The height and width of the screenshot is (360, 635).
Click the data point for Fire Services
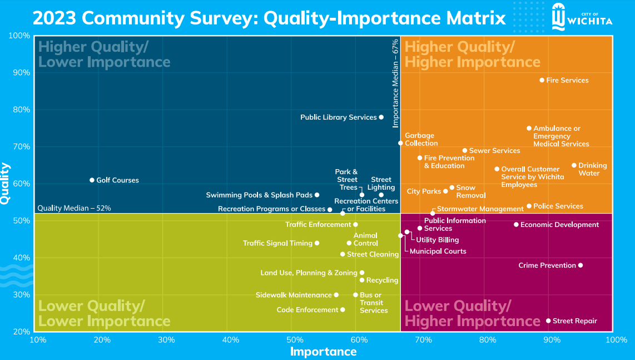coord(542,80)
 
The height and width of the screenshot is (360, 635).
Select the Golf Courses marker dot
coord(92,180)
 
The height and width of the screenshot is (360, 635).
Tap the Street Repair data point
coord(548,321)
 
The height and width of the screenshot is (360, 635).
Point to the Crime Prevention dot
coord(581,265)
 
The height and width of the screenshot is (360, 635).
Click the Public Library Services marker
coord(381,117)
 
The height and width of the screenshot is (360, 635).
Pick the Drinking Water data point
coord(574,165)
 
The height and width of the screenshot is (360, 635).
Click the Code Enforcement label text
coord(307,310)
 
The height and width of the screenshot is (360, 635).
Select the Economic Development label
coord(559,225)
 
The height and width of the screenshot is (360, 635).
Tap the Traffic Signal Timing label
coord(277,243)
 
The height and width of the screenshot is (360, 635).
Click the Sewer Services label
coord(494,151)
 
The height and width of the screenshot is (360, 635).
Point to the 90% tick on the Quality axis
coord(21,73)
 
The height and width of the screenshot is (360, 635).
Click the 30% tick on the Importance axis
coord(166,339)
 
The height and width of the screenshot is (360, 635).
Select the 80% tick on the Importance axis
coord(488,339)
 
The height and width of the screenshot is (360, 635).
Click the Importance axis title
coord(323,352)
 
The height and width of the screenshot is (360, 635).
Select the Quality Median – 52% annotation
coord(74,208)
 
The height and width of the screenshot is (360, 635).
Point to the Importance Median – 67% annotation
coord(395,83)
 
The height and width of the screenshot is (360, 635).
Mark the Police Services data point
coord(529,206)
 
